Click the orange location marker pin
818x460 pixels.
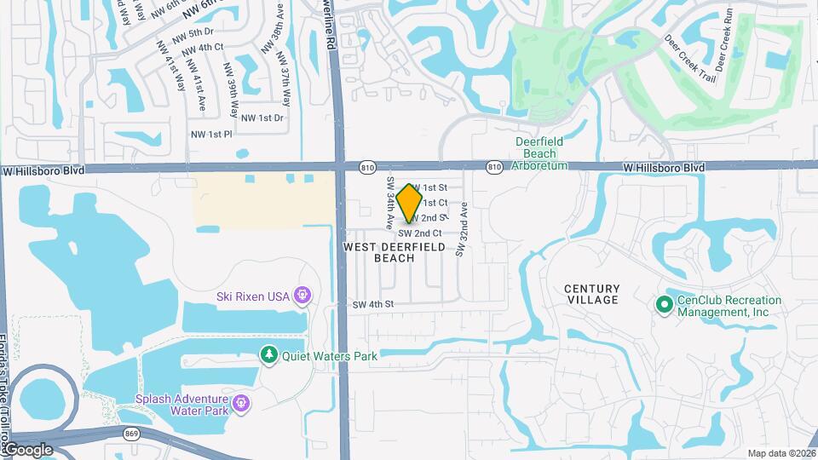410,202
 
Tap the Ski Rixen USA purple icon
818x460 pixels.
301,296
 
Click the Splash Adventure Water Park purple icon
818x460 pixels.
241,402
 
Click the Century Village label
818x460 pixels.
591,294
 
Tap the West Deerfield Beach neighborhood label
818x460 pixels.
394,252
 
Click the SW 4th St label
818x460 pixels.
373,304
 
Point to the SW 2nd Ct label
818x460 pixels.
420,233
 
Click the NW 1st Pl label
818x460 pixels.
210,135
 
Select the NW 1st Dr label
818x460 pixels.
262,118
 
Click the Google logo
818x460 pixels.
28,449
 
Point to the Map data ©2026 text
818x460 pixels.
781,453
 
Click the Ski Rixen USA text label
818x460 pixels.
251,296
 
